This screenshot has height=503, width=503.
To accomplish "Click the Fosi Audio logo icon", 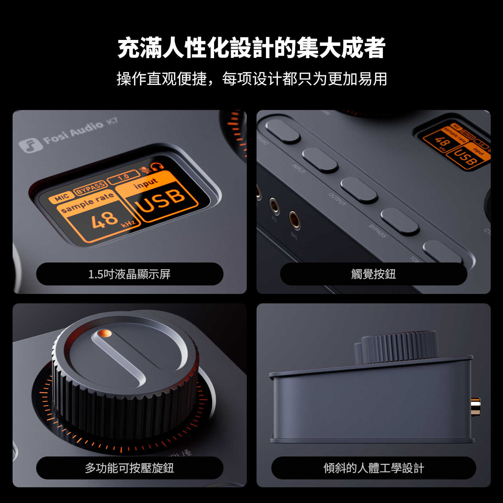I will click(x=30, y=145).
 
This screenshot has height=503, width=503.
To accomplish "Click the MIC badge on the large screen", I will click(x=61, y=197).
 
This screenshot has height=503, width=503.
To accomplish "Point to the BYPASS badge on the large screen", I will click(x=90, y=187).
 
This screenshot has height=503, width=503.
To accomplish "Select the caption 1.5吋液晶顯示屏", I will click(x=130, y=274).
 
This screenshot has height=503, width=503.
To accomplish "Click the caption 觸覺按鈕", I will click(x=373, y=274).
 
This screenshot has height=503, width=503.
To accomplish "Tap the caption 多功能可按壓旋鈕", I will click(x=130, y=468).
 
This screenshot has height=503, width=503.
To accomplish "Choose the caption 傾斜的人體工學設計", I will click(x=373, y=468).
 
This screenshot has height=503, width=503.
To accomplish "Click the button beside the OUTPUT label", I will click(x=359, y=190).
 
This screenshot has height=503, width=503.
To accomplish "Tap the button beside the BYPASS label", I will click(x=400, y=221).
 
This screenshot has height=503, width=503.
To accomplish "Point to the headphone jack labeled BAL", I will click(x=295, y=220).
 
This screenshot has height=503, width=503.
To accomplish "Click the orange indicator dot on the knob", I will click(x=105, y=333).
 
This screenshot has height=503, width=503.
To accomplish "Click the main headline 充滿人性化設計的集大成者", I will click(x=251, y=48).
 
